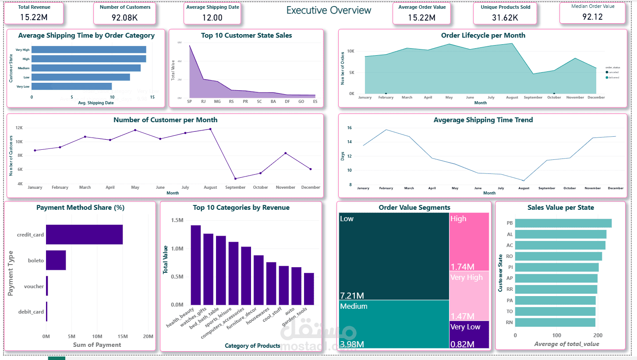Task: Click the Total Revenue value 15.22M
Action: [x=34, y=18]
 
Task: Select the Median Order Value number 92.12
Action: [x=592, y=17]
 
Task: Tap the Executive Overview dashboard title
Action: [x=329, y=11]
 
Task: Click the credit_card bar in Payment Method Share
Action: [x=84, y=234]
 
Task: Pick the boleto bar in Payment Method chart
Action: [x=56, y=260]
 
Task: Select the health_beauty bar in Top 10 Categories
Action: [x=195, y=265]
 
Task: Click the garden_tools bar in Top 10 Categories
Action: [x=309, y=289]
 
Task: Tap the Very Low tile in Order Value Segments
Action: [x=469, y=335]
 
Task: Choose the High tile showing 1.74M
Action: [x=469, y=241]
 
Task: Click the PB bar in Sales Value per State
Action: [x=563, y=223]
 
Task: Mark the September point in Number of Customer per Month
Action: [x=235, y=179]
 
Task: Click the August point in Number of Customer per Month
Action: [x=210, y=129]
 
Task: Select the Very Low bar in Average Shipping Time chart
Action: [x=71, y=86]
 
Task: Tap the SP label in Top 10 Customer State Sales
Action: [x=189, y=102]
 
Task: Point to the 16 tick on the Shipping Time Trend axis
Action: [x=349, y=128]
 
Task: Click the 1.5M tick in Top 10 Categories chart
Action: [x=177, y=220]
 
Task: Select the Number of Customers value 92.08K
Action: [x=125, y=18]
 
